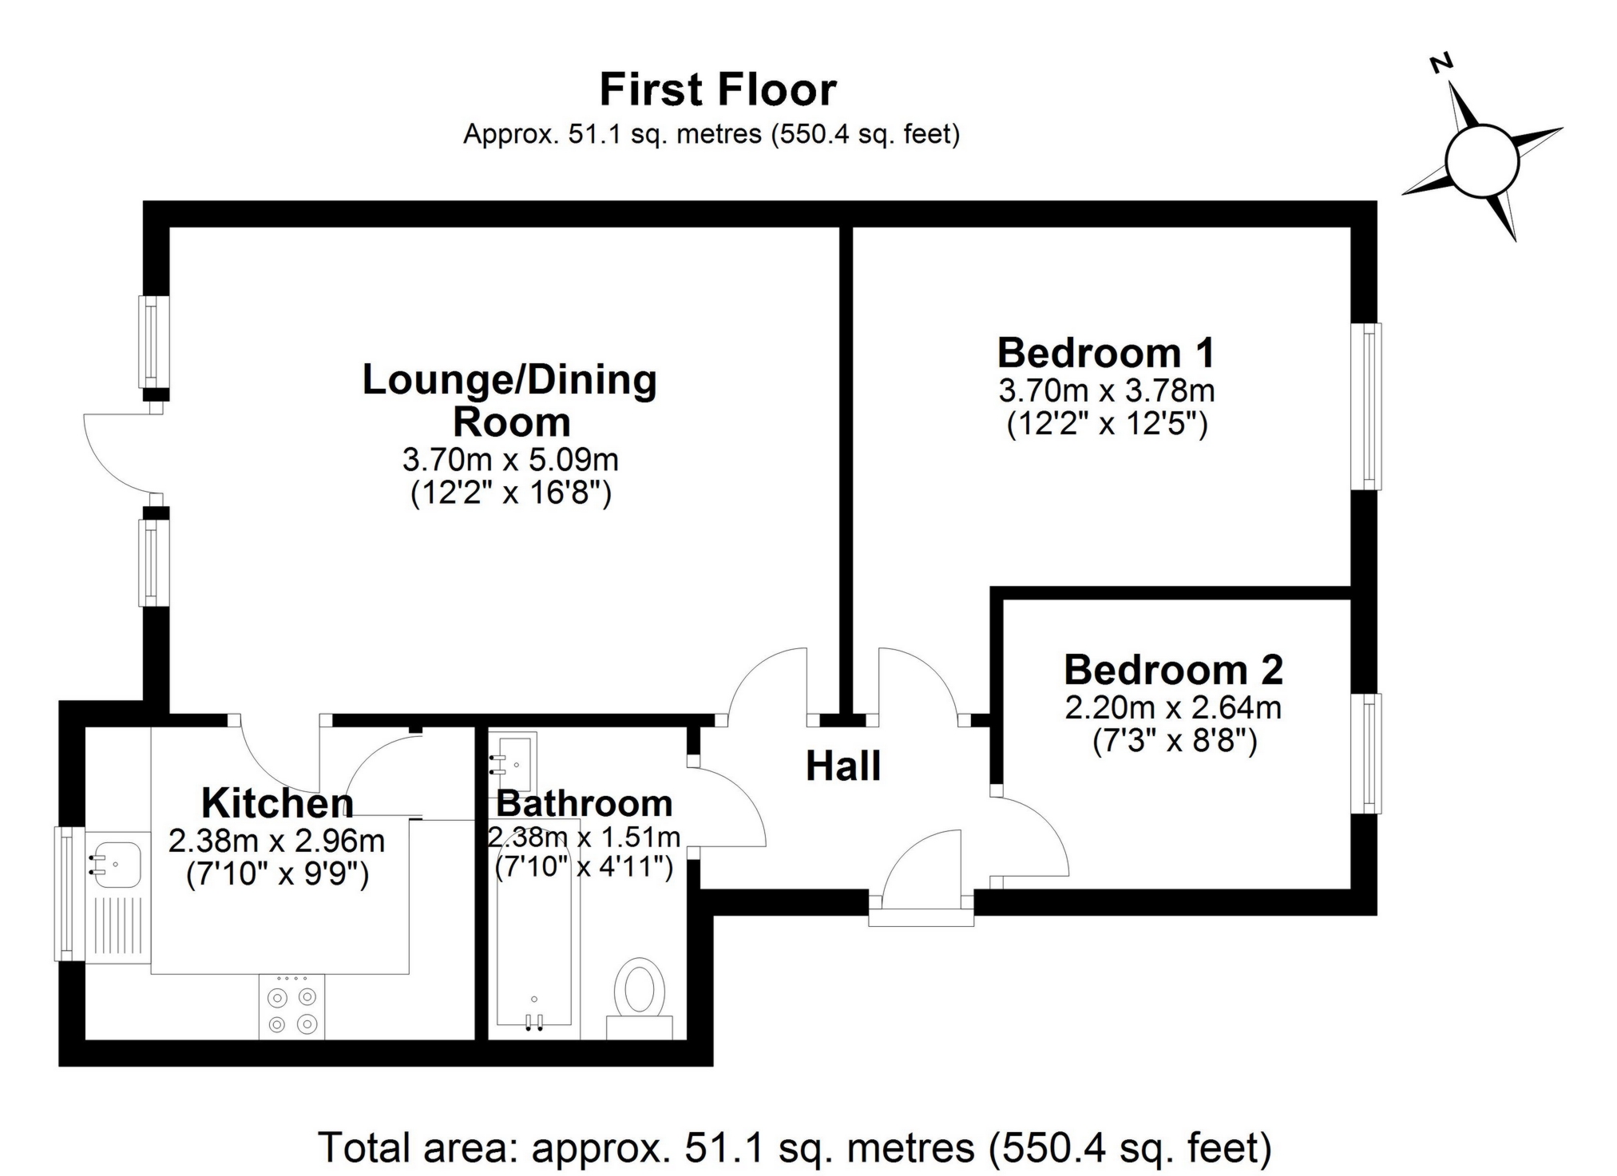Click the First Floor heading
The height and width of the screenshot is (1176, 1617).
point(717,89)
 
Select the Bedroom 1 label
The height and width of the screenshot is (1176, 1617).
point(1106,352)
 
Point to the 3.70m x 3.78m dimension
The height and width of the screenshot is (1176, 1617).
point(1106,391)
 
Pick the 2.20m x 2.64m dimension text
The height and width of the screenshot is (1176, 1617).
point(1172,707)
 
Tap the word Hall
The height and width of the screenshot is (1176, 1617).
point(842,766)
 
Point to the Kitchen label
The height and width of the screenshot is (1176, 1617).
point(277,803)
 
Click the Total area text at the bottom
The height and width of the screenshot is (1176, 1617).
point(795,1148)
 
